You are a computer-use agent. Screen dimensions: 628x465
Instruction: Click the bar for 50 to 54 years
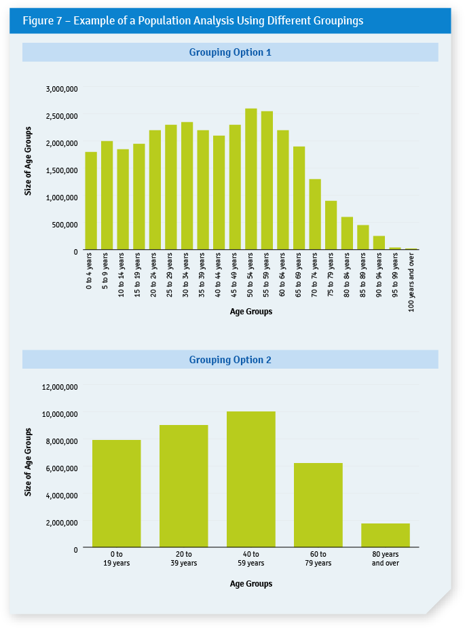point(250,179)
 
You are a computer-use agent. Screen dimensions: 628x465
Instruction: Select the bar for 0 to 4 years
point(91,201)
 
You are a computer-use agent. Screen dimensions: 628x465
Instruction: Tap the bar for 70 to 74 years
point(315,215)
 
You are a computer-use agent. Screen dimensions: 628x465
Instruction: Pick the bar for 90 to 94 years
point(379,243)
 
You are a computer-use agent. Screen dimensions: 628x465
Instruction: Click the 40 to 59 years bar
point(251,479)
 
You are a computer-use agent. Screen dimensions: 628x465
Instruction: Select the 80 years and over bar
point(386,535)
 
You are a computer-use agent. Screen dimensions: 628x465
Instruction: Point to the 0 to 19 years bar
point(117,494)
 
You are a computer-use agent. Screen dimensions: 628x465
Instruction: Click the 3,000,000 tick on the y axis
point(62,89)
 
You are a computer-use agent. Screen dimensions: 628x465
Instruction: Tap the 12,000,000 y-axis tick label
point(60,387)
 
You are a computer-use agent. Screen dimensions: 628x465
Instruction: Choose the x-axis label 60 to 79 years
point(318,559)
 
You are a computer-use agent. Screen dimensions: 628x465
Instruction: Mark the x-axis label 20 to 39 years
point(184,559)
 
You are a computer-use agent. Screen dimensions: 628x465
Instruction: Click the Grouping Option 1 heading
point(230,52)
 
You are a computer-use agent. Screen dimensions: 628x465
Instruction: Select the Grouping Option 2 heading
point(230,360)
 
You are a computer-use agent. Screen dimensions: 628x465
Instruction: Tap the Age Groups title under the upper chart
point(250,312)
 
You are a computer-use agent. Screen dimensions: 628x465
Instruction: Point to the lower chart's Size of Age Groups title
point(29,462)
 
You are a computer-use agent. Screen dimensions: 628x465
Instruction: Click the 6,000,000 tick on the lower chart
point(60,468)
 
